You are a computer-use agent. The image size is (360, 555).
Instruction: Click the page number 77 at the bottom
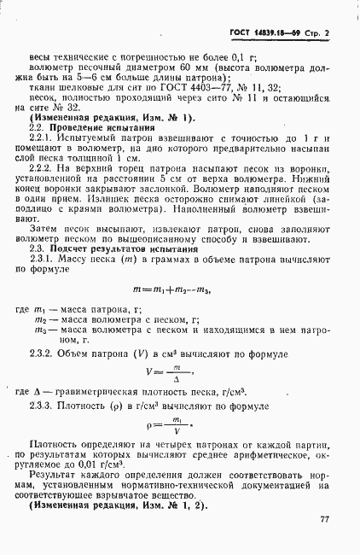pyautogui.click(x=324, y=519)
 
